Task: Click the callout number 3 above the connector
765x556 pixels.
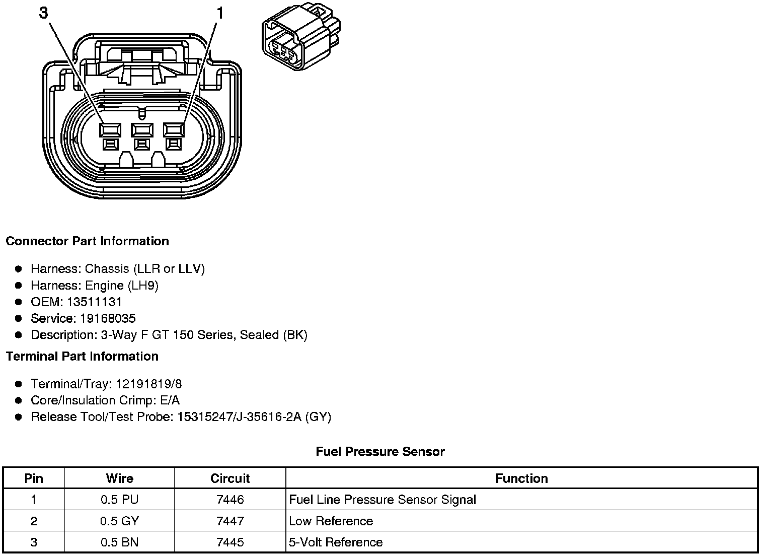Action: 44,13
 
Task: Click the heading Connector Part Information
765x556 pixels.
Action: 87,241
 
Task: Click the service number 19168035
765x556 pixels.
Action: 108,319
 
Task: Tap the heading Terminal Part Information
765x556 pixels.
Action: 82,357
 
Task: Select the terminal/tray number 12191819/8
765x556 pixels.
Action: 148,384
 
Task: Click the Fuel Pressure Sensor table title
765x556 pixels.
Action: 380,452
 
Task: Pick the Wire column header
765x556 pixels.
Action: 119,478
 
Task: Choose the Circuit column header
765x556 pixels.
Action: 230,478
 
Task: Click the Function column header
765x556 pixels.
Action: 521,478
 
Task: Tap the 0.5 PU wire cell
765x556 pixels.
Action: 119,500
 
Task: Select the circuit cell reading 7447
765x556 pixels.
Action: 230,521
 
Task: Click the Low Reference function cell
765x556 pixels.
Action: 331,521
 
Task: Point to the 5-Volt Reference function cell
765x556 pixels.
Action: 336,542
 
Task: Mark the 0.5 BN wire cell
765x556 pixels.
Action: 119,542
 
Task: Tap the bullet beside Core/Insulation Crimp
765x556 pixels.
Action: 19,400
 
